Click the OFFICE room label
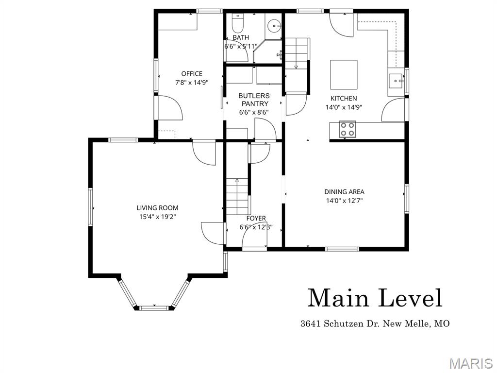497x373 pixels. click(192, 74)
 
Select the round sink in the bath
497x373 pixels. click(275, 24)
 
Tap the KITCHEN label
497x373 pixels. click(344, 99)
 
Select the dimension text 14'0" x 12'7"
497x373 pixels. click(344, 200)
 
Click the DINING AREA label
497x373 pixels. click(344, 191)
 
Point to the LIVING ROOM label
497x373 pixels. click(157, 208)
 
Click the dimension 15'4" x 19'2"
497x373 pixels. click(157, 217)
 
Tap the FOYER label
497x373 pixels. click(256, 219)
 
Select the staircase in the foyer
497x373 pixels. click(237, 196)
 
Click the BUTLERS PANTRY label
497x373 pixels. click(254, 100)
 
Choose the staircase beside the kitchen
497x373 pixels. click(296, 53)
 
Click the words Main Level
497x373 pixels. click(375, 298)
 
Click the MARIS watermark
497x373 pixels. click(471, 363)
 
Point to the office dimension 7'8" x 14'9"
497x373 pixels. click(192, 83)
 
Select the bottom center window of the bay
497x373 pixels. click(154, 307)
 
